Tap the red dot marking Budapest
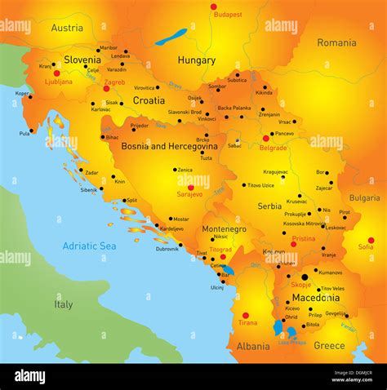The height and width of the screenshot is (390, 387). (x=214, y=7)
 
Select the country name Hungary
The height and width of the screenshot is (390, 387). (x=197, y=60)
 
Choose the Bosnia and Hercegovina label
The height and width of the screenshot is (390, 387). (x=169, y=147)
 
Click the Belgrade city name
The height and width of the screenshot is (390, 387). (x=272, y=148)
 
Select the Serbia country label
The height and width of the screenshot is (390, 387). (x=269, y=206)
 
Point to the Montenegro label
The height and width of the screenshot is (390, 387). (x=224, y=229)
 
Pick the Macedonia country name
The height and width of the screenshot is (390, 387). (x=314, y=298)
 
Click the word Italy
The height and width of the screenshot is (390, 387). (x=63, y=304)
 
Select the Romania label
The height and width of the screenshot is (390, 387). (x=336, y=42)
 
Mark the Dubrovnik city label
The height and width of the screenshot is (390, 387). (x=167, y=249)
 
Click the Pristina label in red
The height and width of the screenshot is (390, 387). (x=303, y=239)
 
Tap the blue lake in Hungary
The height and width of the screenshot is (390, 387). (x=171, y=37)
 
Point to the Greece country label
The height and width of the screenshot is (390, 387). (x=329, y=345)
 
